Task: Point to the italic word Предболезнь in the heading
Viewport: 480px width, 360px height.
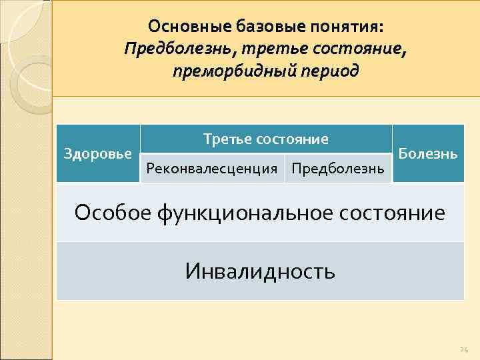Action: (x=175, y=48)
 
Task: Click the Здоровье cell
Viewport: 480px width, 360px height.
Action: (x=98, y=153)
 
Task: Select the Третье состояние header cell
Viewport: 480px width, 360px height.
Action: (x=266, y=139)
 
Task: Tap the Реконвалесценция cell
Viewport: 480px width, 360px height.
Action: (x=211, y=168)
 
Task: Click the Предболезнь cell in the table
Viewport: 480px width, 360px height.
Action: (x=338, y=168)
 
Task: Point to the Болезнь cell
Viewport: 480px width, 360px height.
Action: (x=428, y=153)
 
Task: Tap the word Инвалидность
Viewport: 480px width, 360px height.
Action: (x=260, y=271)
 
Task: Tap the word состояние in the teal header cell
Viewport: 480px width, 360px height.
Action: (x=294, y=139)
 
